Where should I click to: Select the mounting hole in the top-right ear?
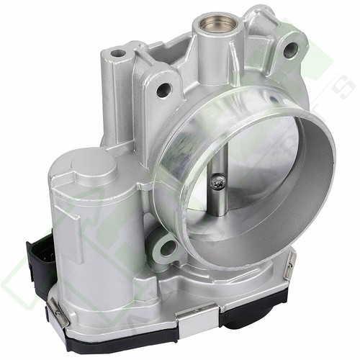click(290, 50)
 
